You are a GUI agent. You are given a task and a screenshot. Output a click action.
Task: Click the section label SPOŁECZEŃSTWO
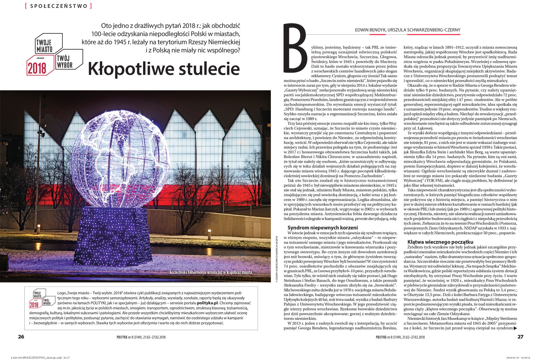coord(58,6)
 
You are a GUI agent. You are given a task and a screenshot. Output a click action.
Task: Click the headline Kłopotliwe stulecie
coord(164,69)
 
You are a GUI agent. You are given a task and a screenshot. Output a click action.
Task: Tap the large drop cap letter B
coord(296,47)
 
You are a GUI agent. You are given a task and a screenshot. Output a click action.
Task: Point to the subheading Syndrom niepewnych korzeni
coord(323,228)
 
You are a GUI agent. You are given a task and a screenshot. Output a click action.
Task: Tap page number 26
coord(21,337)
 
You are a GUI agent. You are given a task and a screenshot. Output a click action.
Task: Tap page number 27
coord(520,337)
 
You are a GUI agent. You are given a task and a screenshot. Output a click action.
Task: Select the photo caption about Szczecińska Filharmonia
coord(211,273)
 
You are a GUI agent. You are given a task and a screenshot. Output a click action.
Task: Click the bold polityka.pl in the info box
coord(208,303)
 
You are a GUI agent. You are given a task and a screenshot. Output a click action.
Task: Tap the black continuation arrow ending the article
coord(515,328)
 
